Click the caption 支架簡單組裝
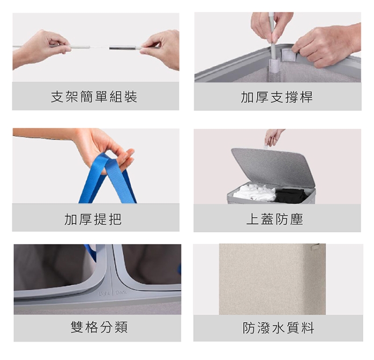[x=94, y=97]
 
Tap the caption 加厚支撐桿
[x=277, y=97]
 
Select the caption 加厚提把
[x=93, y=219]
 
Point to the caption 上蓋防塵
[x=275, y=219]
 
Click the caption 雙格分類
[x=99, y=327]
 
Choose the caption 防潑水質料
[x=278, y=328]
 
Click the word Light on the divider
[x=104, y=294]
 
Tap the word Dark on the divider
[x=121, y=292]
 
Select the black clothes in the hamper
[x=290, y=196]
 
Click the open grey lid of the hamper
[x=273, y=167]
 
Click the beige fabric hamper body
[x=273, y=279]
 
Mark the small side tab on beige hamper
[x=315, y=247]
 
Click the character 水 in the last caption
[x=278, y=328]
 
